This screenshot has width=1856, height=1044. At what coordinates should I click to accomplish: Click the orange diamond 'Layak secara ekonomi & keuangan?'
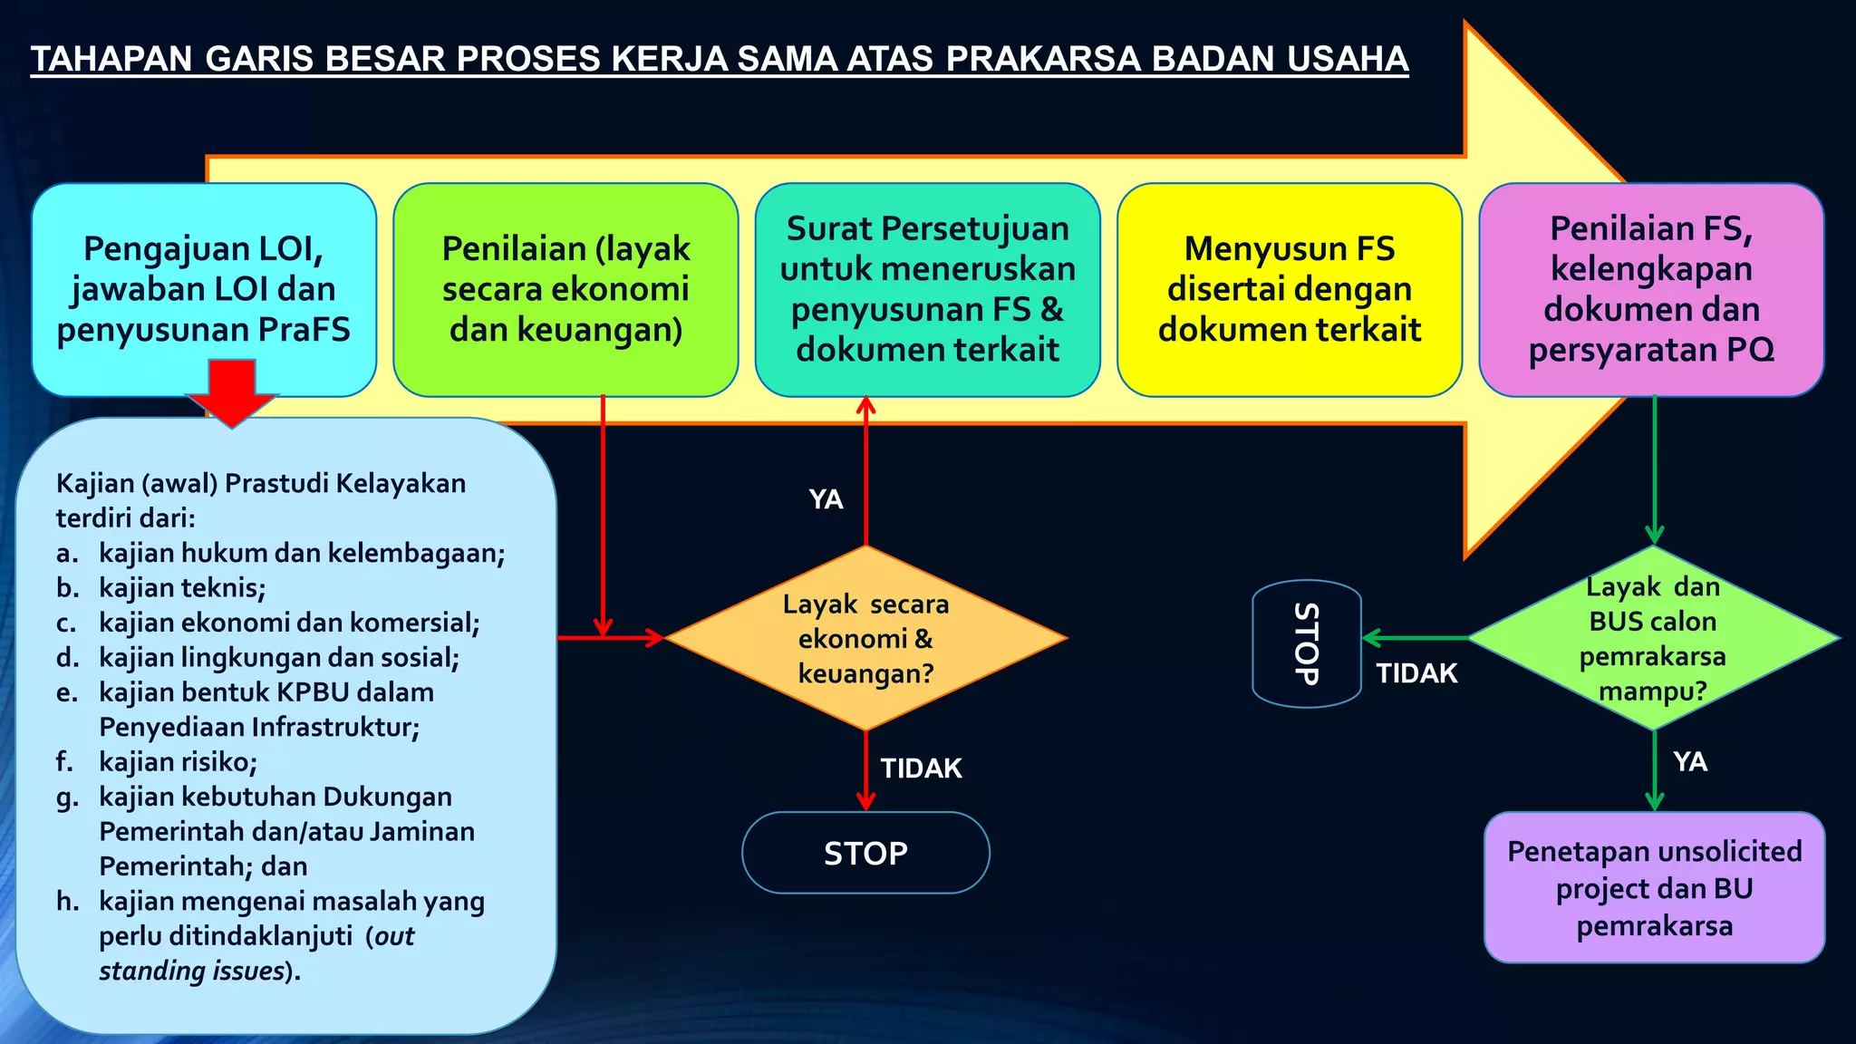[865, 638]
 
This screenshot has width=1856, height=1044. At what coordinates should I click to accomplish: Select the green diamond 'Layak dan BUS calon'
[1653, 638]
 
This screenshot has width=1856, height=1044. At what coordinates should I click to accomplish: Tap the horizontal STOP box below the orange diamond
[865, 853]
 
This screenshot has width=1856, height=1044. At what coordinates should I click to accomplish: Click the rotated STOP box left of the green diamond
[1307, 643]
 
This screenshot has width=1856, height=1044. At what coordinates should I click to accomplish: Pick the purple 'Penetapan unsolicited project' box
[1654, 887]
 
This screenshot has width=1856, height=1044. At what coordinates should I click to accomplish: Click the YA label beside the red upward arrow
[826, 499]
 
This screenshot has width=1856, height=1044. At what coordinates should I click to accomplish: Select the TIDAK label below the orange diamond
[921, 768]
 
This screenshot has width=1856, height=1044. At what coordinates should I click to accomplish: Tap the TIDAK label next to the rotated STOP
[1416, 673]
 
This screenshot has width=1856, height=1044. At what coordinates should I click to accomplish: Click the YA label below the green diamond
[1690, 761]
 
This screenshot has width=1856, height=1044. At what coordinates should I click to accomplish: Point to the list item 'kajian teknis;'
[182, 588]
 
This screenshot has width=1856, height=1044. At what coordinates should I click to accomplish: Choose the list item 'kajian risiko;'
[178, 762]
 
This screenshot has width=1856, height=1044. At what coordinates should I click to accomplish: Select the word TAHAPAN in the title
[111, 59]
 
